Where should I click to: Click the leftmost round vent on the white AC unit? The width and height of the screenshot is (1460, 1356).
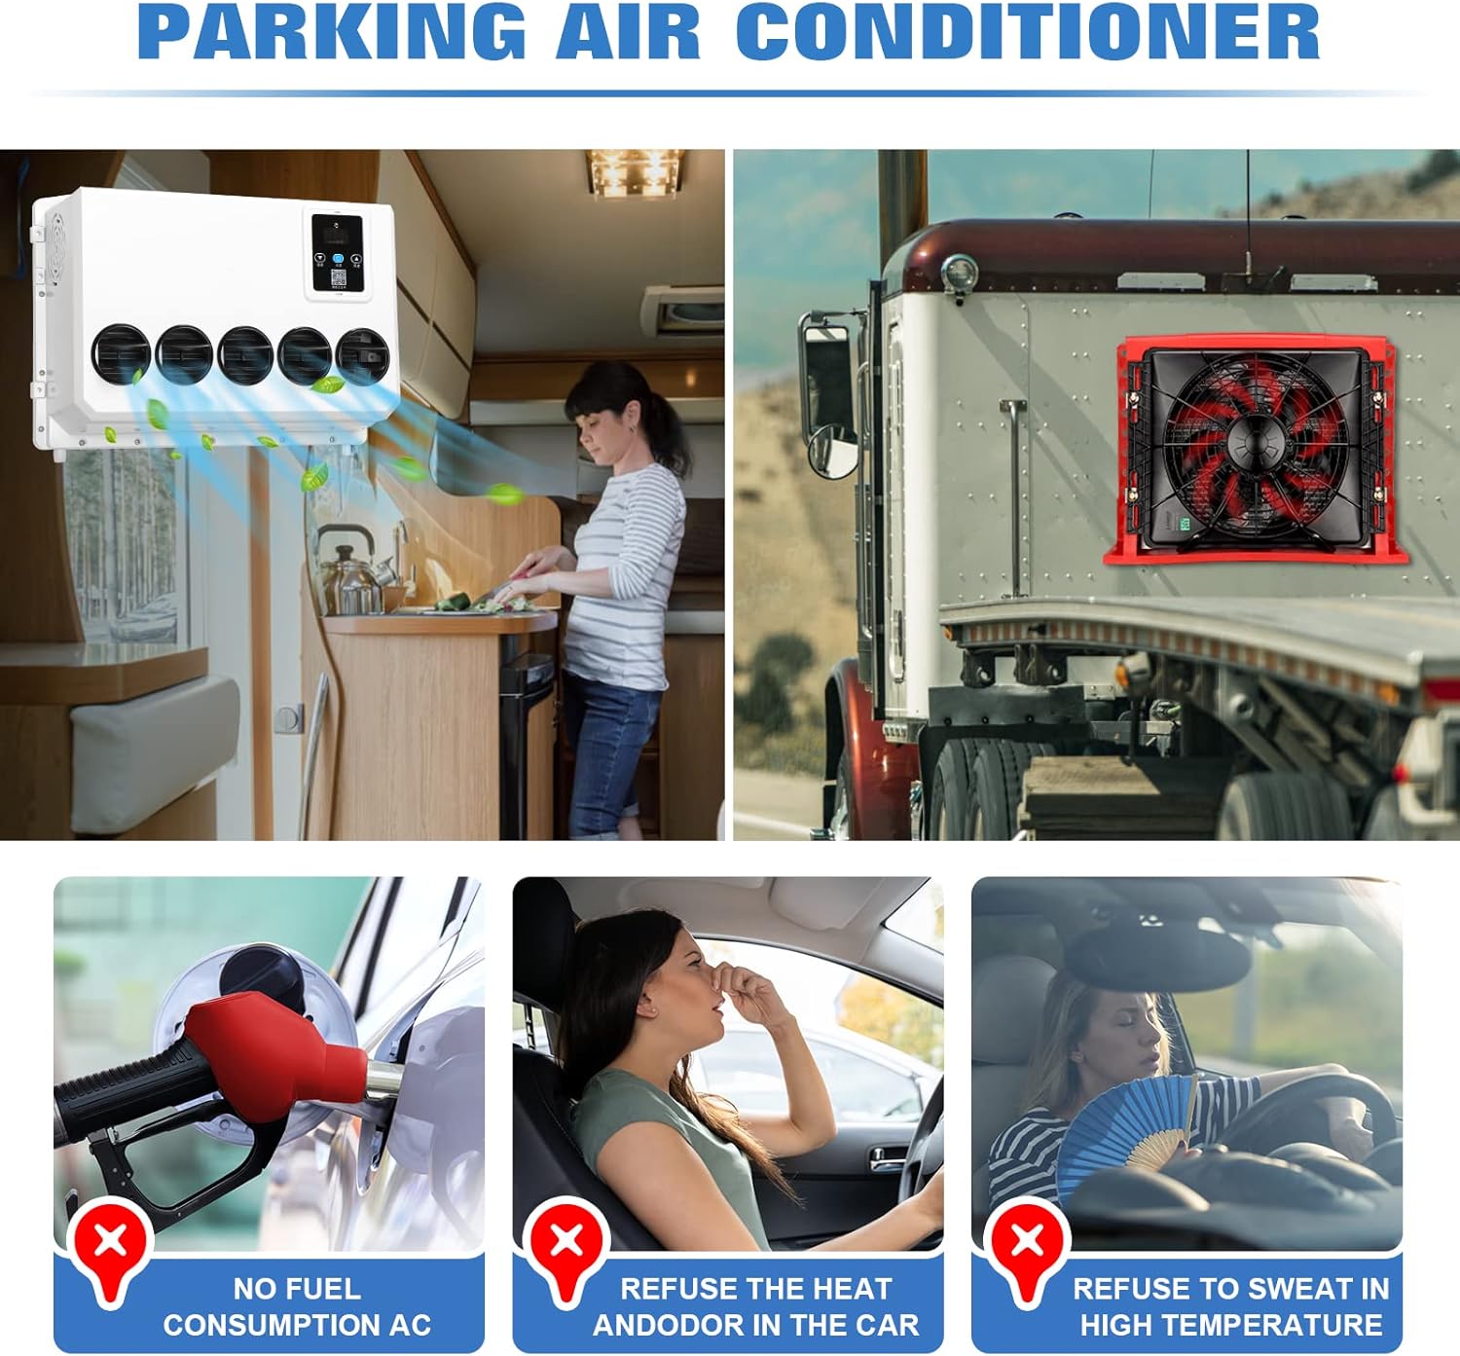(x=121, y=354)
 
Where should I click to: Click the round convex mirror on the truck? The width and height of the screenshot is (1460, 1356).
(x=833, y=453)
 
